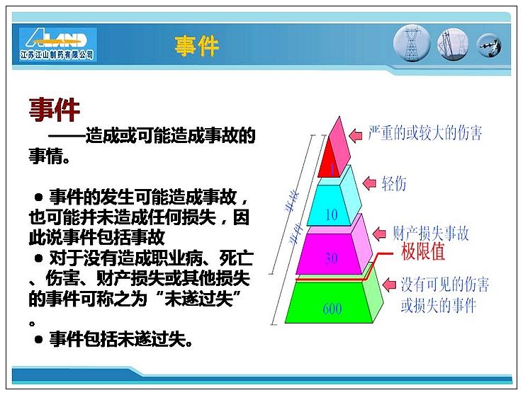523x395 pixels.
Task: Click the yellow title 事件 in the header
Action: [x=197, y=46]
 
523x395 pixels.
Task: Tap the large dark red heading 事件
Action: [x=55, y=109]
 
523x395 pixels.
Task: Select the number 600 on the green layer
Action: [x=332, y=309]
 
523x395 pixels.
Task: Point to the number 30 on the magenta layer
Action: [x=331, y=258]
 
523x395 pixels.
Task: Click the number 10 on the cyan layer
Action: [x=331, y=214]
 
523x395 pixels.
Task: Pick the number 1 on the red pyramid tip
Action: [x=332, y=170]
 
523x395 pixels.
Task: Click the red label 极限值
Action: [x=423, y=251]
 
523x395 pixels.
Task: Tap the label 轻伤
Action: [x=394, y=183]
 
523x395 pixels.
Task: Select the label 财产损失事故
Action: [x=431, y=233]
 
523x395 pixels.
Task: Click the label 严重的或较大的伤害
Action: [x=425, y=132]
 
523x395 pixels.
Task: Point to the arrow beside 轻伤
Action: [x=369, y=183]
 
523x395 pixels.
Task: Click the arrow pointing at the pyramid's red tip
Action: [x=356, y=135]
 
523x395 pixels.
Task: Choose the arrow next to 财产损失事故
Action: [x=380, y=234]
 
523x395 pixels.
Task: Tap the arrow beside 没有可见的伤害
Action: [x=389, y=285]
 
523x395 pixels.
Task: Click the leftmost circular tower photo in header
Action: [x=412, y=44]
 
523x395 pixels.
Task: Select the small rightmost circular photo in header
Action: [x=489, y=45]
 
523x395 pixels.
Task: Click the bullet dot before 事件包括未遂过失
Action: [x=38, y=339]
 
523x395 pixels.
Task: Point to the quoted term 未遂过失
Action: [x=199, y=298]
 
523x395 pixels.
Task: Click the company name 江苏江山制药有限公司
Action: [x=57, y=55]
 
